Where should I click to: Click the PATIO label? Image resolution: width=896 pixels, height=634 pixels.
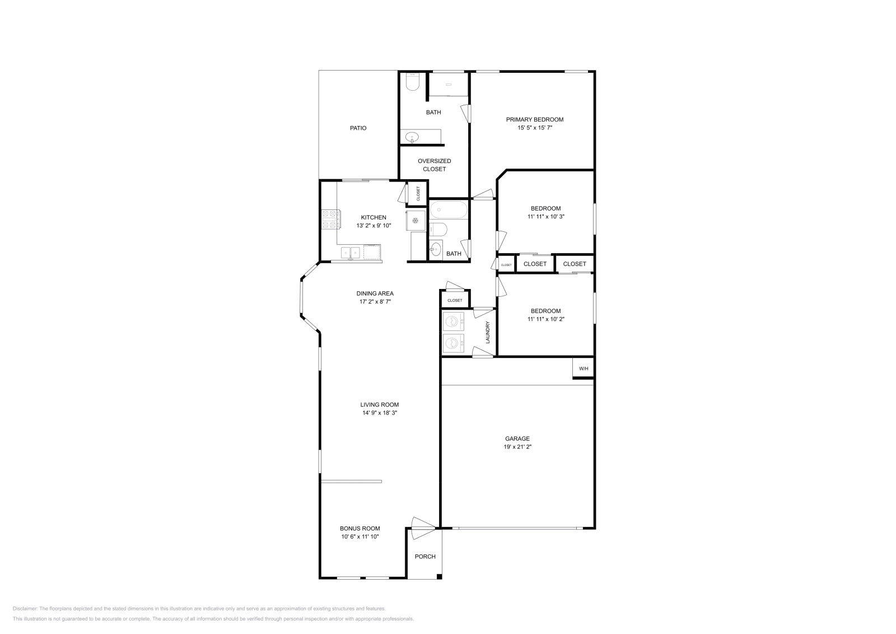coord(358,128)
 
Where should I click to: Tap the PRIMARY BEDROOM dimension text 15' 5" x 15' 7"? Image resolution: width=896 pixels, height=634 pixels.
coord(534,128)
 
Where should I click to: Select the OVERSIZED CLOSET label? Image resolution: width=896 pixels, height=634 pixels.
coord(434,165)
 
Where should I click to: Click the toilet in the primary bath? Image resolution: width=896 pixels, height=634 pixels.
coord(412,83)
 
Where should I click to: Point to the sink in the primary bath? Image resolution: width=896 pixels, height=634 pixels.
coord(412,137)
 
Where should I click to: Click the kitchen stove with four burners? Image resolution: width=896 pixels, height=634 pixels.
coord(329,219)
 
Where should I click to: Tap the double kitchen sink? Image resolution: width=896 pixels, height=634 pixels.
coord(351,253)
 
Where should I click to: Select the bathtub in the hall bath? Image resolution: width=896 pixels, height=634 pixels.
coord(449,211)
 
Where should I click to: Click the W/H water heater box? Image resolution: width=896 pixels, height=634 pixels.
coord(583,369)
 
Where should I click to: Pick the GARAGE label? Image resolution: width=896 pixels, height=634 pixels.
coord(517,439)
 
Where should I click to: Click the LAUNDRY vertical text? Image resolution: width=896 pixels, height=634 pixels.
coord(488,332)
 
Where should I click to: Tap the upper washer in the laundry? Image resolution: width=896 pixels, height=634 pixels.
coord(453,322)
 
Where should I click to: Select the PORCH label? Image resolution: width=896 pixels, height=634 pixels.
coord(424,556)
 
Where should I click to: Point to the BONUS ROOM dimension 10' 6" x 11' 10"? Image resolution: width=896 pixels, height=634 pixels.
coord(360,537)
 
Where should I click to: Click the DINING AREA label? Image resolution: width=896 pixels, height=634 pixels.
coord(375,293)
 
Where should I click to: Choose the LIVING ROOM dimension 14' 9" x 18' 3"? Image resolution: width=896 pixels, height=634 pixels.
coord(379,413)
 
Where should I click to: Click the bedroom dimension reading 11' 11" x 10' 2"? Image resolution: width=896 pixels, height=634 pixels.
coord(545,319)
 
